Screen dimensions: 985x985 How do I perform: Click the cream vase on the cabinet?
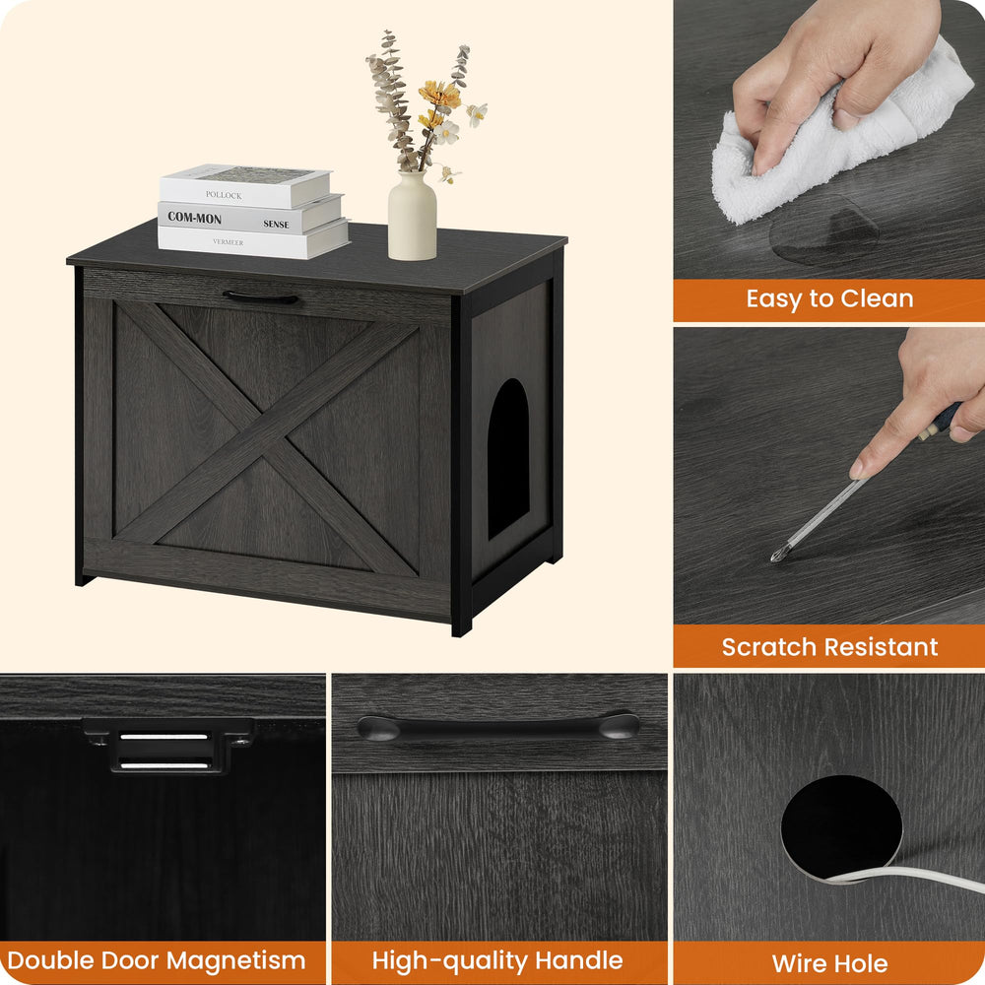point(412,216)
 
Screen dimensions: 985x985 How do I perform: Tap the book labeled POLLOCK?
point(245,186)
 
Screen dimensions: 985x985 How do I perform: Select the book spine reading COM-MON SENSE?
point(250,218)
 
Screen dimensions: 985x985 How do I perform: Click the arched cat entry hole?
point(508,459)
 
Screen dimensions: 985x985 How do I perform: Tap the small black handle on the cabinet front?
point(261,297)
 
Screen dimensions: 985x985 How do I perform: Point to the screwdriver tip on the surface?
point(777,555)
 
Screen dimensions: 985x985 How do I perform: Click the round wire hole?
point(841,826)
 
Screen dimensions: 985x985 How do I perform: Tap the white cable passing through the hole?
point(904,875)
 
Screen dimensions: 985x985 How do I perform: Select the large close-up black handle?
point(498,726)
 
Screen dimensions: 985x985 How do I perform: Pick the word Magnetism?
point(235,960)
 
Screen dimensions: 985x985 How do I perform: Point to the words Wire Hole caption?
point(829,963)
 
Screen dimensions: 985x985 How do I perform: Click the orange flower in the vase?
point(439,95)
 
